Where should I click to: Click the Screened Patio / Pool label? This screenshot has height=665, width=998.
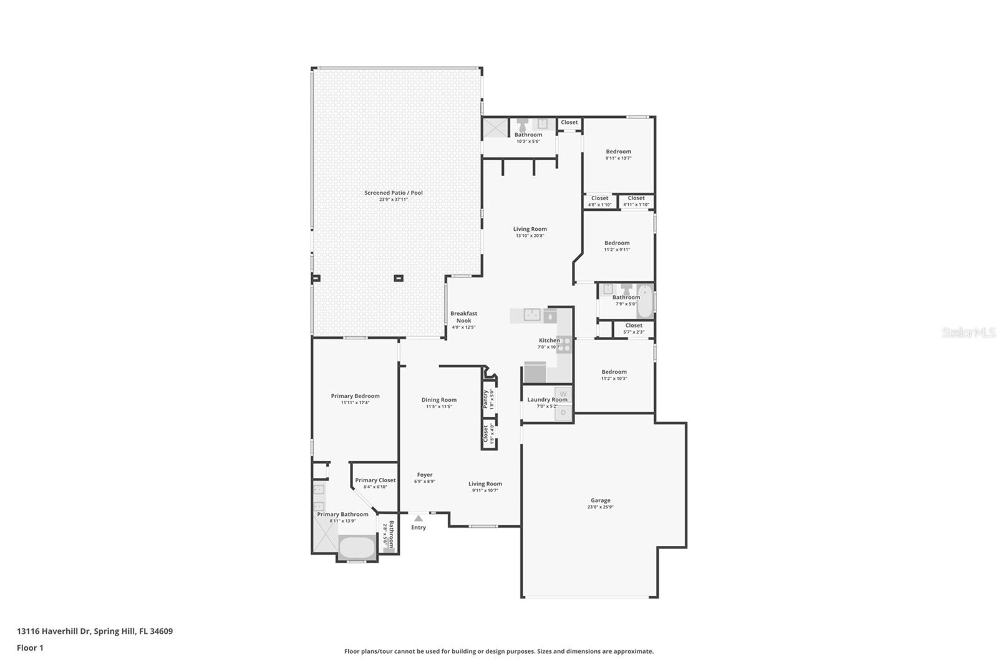(394, 193)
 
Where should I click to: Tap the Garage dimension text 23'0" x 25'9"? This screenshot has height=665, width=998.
(601, 507)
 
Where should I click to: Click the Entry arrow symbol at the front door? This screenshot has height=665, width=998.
(419, 518)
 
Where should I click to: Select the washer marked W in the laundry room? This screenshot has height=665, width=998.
(563, 394)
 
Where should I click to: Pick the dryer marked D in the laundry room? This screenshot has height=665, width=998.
(563, 412)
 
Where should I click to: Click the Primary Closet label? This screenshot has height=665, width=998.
(375, 480)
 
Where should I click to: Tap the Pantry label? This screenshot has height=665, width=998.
(485, 399)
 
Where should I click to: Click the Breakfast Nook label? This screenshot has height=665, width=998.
(463, 317)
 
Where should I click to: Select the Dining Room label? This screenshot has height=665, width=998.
(438, 400)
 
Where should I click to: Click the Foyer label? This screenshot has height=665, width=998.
(425, 475)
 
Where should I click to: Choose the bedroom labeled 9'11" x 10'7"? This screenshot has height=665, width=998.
(618, 152)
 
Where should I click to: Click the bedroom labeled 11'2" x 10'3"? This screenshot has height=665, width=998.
(614, 372)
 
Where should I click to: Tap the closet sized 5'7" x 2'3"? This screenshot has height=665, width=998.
(633, 326)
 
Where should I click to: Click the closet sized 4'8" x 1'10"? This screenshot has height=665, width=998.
(599, 198)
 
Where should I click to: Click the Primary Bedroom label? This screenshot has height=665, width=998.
(355, 396)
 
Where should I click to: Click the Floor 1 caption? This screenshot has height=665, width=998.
(30, 648)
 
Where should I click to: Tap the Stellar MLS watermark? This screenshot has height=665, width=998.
(968, 332)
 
